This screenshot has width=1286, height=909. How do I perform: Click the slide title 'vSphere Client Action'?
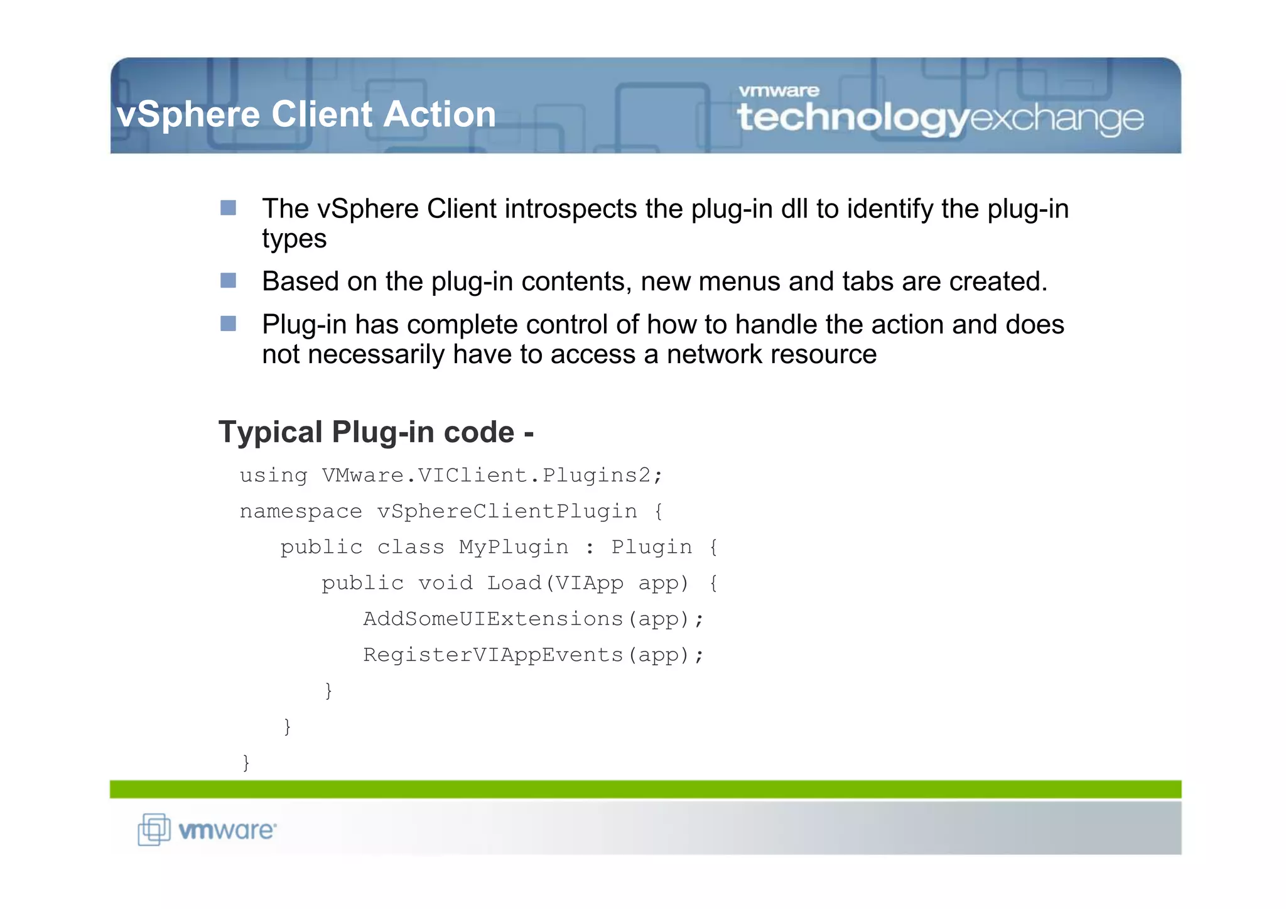coord(306,114)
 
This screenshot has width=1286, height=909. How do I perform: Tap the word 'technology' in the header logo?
coord(853,118)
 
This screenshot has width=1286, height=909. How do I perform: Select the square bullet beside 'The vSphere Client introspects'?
coord(229,208)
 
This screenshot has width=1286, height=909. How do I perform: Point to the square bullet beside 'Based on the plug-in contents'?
coord(229,280)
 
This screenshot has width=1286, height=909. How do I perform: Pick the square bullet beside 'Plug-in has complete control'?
coord(229,324)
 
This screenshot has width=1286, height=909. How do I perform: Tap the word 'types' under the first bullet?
coord(294,239)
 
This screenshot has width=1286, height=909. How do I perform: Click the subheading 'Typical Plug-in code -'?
coord(376,432)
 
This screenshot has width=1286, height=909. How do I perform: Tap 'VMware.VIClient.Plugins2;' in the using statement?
coord(492,475)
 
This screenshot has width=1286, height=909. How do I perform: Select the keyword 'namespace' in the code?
coord(301,511)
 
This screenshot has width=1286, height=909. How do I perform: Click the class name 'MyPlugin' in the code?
coord(514,547)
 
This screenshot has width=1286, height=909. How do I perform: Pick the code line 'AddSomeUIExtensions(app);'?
coord(534,619)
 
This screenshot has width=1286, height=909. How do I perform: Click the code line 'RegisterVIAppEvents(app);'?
coord(534,655)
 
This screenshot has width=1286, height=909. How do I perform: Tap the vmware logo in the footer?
coord(207,830)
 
